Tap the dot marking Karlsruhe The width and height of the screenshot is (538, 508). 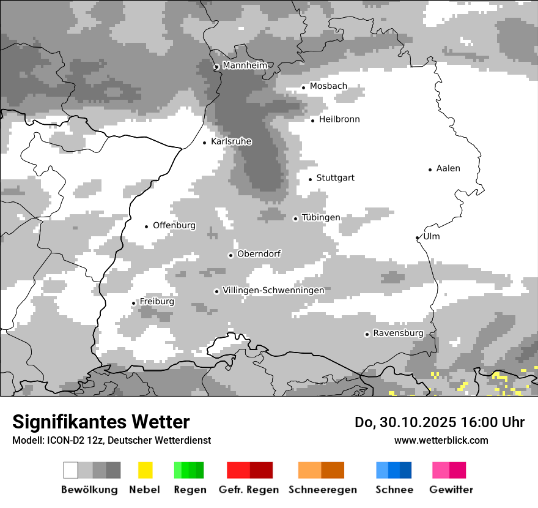pyautogui.click(x=205, y=143)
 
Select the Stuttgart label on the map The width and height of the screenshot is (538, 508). pyautogui.click(x=335, y=178)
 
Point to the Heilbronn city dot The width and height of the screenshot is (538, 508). pyautogui.click(x=313, y=121)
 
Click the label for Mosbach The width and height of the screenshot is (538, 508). pyautogui.click(x=328, y=86)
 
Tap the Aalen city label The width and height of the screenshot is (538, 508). pyautogui.click(x=448, y=168)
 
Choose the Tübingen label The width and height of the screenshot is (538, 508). pyautogui.click(x=321, y=217)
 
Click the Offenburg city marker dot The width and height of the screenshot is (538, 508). pyautogui.click(x=147, y=226)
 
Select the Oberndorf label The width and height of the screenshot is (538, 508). pyautogui.click(x=259, y=253)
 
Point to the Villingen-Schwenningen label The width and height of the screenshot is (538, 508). pyautogui.click(x=273, y=290)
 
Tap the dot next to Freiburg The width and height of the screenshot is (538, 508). pyautogui.click(x=134, y=303)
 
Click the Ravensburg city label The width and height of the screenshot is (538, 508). pyautogui.click(x=398, y=333)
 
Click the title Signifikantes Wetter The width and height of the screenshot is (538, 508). pyautogui.click(x=101, y=422)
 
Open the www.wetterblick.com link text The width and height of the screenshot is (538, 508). pyautogui.click(x=441, y=440)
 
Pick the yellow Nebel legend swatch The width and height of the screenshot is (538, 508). pyautogui.click(x=145, y=470)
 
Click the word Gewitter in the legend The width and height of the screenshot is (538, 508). pyautogui.click(x=451, y=490)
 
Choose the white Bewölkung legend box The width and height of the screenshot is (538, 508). pyautogui.click(x=71, y=470)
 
